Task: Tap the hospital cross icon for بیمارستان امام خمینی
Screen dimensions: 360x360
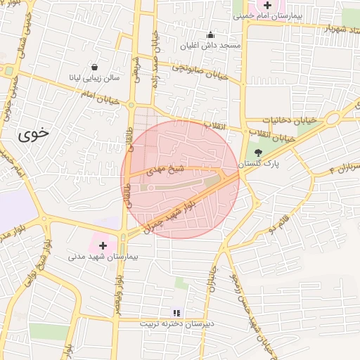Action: pos(267,5)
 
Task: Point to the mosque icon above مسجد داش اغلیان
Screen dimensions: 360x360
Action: pos(210,34)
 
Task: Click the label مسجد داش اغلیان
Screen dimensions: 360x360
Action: pos(210,46)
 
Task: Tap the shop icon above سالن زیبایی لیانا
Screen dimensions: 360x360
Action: pos(94,67)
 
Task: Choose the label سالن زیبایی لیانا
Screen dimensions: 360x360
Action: pos(94,77)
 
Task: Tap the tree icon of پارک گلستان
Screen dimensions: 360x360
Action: pos(258,151)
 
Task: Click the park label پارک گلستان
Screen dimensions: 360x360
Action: pos(258,163)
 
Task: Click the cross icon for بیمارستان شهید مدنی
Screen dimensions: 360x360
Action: pos(103,245)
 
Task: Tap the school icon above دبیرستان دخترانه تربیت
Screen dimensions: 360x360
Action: pos(176,312)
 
